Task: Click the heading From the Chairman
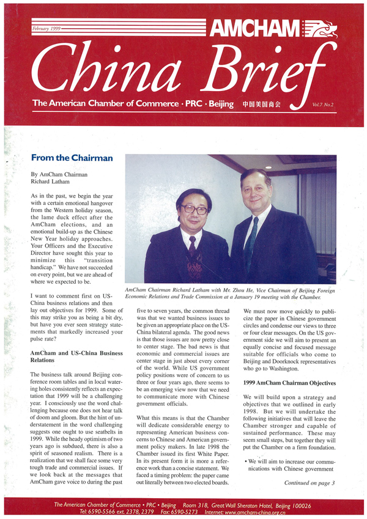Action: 72,158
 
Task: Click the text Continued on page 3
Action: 310,482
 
